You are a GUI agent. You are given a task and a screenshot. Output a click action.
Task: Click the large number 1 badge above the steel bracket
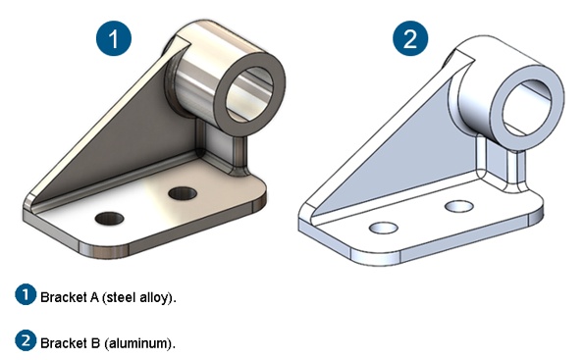(114, 38)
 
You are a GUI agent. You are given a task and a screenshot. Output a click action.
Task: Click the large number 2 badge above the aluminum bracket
(410, 38)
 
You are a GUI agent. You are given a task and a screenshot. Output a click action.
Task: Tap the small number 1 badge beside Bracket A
(26, 295)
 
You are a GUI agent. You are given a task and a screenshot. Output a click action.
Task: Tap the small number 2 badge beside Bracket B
(26, 340)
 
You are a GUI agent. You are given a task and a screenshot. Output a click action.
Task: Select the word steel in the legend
(120, 297)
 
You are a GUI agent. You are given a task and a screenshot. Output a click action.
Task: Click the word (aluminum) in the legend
(139, 343)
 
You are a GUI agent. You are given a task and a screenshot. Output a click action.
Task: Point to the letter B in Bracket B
(95, 343)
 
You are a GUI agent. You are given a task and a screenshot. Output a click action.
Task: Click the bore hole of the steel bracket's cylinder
(250, 94)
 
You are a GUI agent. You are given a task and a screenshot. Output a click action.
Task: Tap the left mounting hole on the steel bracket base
(109, 219)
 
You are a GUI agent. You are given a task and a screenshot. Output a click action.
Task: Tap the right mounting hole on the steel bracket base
(183, 193)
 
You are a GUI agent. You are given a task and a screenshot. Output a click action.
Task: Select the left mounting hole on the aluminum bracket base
(383, 228)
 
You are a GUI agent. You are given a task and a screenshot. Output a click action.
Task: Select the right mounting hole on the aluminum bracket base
(459, 206)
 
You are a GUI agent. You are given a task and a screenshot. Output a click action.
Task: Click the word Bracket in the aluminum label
(64, 343)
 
